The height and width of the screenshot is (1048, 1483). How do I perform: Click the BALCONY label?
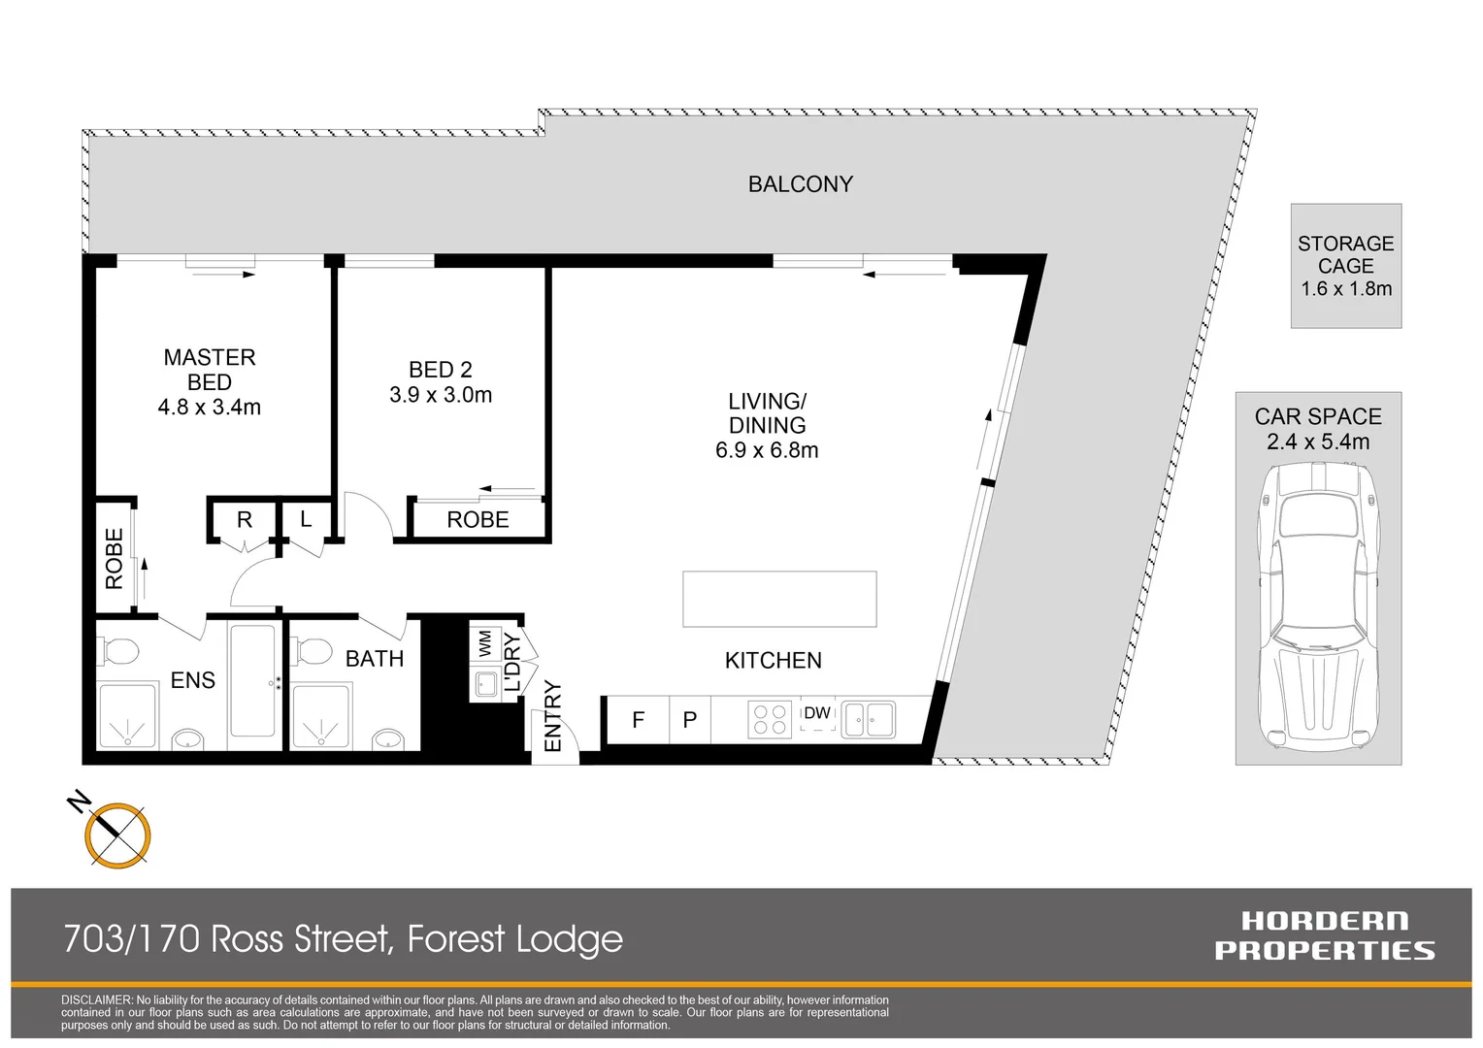pyautogui.click(x=800, y=184)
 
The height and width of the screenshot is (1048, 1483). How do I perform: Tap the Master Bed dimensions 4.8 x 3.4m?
pyautogui.click(x=210, y=408)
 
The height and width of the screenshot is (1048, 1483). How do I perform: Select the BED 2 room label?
pyautogui.click(x=441, y=370)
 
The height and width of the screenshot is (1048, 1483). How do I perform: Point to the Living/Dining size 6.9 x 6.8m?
pyautogui.click(x=767, y=450)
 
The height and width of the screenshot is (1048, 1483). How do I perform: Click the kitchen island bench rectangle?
pyautogui.click(x=779, y=599)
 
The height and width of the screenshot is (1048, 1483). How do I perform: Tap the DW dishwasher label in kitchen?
pyautogui.click(x=817, y=713)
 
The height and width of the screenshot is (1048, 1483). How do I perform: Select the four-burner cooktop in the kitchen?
pyautogui.click(x=770, y=720)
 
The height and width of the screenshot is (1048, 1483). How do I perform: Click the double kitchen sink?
pyautogui.click(x=869, y=720)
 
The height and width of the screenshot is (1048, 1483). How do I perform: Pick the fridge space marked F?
pyautogui.click(x=638, y=720)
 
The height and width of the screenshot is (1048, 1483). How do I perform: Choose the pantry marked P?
pyautogui.click(x=690, y=720)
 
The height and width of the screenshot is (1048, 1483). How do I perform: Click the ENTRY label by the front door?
pyautogui.click(x=553, y=716)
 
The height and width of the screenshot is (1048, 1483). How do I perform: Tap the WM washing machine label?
pyautogui.click(x=484, y=643)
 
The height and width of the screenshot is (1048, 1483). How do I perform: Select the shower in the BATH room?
pyautogui.click(x=320, y=717)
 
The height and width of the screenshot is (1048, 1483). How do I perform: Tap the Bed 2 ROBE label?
pyautogui.click(x=478, y=520)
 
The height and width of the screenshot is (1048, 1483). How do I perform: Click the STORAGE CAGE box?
pyautogui.click(x=1345, y=266)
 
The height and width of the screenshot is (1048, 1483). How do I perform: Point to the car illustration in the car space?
pyautogui.click(x=1318, y=606)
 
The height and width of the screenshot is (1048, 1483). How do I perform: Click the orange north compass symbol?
pyautogui.click(x=117, y=835)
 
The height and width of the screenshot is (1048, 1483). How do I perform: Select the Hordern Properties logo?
pyautogui.click(x=1324, y=935)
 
